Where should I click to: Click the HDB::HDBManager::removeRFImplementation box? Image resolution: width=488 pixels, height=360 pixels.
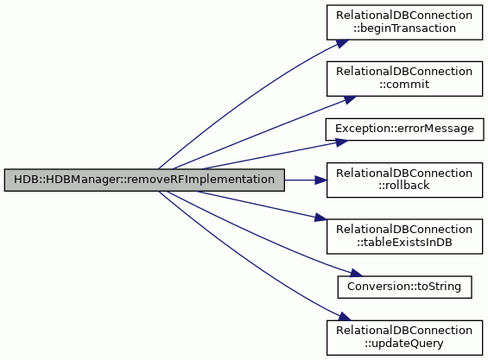pos(144,180)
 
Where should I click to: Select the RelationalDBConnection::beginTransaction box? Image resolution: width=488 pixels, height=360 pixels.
pos(404,22)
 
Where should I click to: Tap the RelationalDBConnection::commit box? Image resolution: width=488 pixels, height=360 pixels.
pos(404,79)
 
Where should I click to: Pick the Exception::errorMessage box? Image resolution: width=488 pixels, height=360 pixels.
pos(404,129)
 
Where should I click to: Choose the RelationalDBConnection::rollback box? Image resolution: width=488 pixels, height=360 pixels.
pos(404,180)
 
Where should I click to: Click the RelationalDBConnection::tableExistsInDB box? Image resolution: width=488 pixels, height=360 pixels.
pos(404,237)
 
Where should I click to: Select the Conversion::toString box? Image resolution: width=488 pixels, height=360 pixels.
pos(404,287)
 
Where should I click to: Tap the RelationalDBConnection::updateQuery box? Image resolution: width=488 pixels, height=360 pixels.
pos(404,338)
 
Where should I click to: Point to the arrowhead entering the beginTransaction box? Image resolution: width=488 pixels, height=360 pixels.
pos(342,43)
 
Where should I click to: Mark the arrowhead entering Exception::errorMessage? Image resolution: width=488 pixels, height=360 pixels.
pos(341,142)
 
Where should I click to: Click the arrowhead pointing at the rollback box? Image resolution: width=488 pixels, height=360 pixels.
pos(320,180)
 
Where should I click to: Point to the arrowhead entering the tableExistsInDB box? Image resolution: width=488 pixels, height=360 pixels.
pos(320,218)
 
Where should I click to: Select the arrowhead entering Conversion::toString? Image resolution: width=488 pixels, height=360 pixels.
pos(356,273)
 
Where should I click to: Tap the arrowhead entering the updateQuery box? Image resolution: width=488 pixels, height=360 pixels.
pos(345,317)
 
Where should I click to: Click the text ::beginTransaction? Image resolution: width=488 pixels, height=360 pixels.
pos(404,28)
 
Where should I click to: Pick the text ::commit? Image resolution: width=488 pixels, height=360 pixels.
pos(404,85)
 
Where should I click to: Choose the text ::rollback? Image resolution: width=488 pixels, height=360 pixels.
pos(404,186)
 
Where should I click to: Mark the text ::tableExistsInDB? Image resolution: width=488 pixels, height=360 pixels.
pos(404,242)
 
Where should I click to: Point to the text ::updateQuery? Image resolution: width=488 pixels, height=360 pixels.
pos(404,344)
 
